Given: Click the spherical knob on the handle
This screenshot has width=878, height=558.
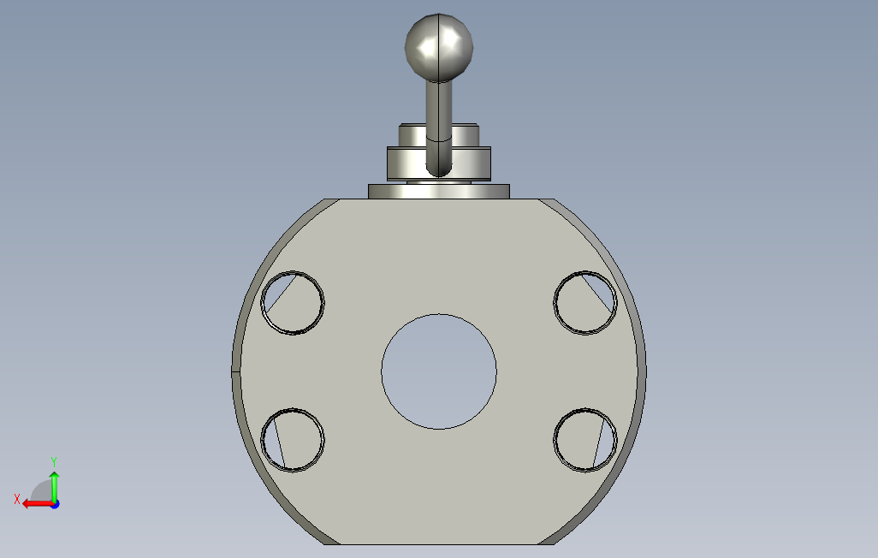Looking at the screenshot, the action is click(x=439, y=46).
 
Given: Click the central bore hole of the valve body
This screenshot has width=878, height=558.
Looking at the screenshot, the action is click(x=439, y=371).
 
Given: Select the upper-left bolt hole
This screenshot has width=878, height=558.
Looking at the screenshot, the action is click(x=293, y=302).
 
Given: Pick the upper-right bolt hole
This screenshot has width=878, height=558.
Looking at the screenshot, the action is click(x=585, y=302).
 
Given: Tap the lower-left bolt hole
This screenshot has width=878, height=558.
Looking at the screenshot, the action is click(x=293, y=440).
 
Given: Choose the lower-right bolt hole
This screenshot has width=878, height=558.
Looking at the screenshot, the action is click(x=585, y=440).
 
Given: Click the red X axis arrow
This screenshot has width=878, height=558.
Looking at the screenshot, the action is click(x=38, y=504).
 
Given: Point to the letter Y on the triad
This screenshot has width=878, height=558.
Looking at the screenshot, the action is click(x=54, y=461).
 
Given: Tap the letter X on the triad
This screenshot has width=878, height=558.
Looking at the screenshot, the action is click(x=17, y=499).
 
